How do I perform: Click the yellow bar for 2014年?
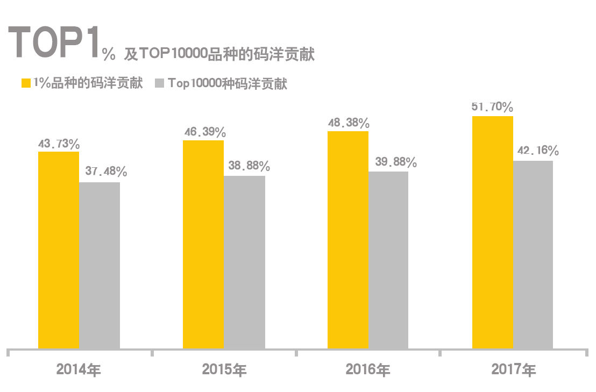(x=59, y=250)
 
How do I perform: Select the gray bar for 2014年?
(x=100, y=266)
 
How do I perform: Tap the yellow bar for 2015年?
(x=203, y=245)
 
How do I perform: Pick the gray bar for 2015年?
(x=244, y=262)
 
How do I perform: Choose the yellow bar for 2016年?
(x=348, y=240)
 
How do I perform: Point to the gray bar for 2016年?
(x=388, y=260)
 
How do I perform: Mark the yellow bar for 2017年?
(x=492, y=232)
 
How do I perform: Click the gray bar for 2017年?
(x=533, y=255)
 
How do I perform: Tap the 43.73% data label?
(x=59, y=144)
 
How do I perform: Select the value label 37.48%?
(x=106, y=172)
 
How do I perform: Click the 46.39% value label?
(x=204, y=132)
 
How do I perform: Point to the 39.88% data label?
(x=396, y=162)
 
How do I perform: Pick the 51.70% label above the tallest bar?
(x=492, y=107)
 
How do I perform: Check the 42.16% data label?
(x=538, y=151)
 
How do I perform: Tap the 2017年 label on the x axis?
(x=513, y=370)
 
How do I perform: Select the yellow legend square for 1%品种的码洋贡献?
(x=25, y=83)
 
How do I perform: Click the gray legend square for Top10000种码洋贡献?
(x=159, y=83)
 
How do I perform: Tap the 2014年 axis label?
(x=79, y=370)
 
